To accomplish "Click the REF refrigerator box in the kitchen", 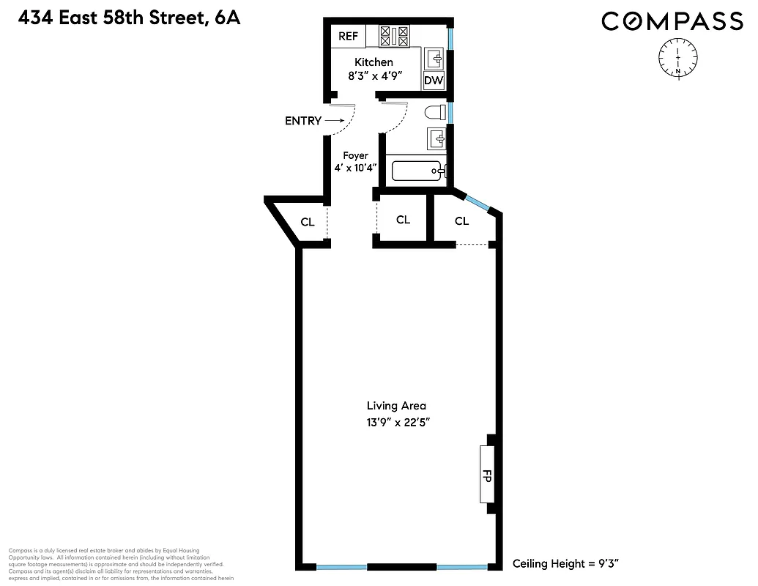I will click(x=347, y=36).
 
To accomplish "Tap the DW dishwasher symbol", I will click(x=434, y=81).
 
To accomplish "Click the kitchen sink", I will click(x=434, y=57).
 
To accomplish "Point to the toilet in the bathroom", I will click(x=436, y=112).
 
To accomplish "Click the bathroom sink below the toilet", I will click(x=436, y=136).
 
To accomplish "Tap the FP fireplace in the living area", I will click(x=488, y=474).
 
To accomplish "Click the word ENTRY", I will click(x=302, y=121).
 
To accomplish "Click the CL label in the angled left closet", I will click(x=308, y=222).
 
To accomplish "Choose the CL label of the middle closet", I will click(x=403, y=220).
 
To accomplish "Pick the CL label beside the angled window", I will click(x=461, y=221).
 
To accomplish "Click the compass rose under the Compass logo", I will click(x=679, y=57).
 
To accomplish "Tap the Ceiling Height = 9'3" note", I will click(x=566, y=563).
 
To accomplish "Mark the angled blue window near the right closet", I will click(x=480, y=203).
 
